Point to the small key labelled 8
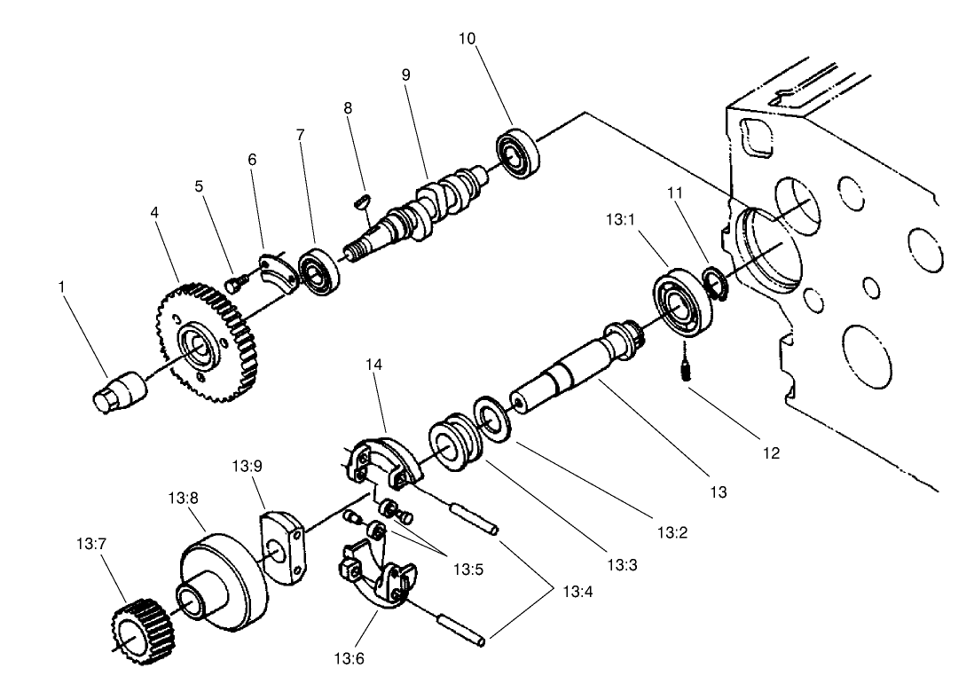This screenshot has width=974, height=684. pos(360,201)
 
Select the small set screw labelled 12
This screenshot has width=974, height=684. pos(685,369)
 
